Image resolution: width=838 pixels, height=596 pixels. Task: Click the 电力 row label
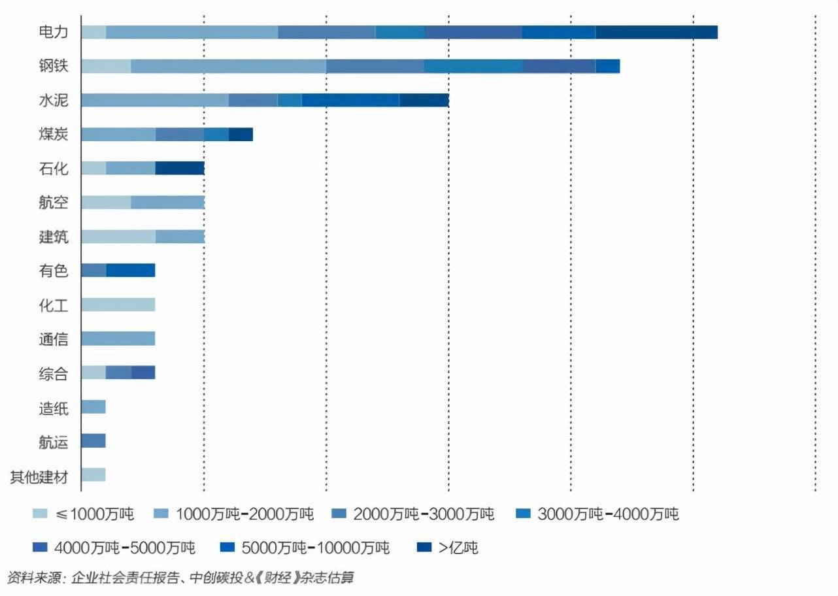53,32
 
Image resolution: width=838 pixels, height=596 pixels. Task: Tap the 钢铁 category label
53,66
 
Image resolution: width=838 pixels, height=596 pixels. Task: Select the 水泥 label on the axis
53,100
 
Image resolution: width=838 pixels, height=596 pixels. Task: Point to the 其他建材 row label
39,476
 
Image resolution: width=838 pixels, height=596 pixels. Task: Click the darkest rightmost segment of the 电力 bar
656,32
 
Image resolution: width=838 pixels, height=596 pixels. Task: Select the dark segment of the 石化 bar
180,168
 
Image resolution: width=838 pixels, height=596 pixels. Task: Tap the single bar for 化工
118,305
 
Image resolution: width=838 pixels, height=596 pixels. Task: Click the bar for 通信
118,339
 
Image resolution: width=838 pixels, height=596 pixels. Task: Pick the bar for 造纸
93,407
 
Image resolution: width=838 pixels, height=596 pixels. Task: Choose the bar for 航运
93,441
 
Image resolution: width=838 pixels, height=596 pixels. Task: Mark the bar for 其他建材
93,475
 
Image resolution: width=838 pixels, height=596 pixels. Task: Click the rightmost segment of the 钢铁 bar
607,66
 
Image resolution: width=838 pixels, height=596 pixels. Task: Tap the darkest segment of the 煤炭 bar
241,134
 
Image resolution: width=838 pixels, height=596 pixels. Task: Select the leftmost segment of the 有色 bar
93,271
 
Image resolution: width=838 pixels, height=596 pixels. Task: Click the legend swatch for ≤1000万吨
40,514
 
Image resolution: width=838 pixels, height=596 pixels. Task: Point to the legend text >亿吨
458,548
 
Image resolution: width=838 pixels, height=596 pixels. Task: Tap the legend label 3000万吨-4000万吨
608,514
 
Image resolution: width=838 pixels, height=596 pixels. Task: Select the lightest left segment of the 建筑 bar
118,237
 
